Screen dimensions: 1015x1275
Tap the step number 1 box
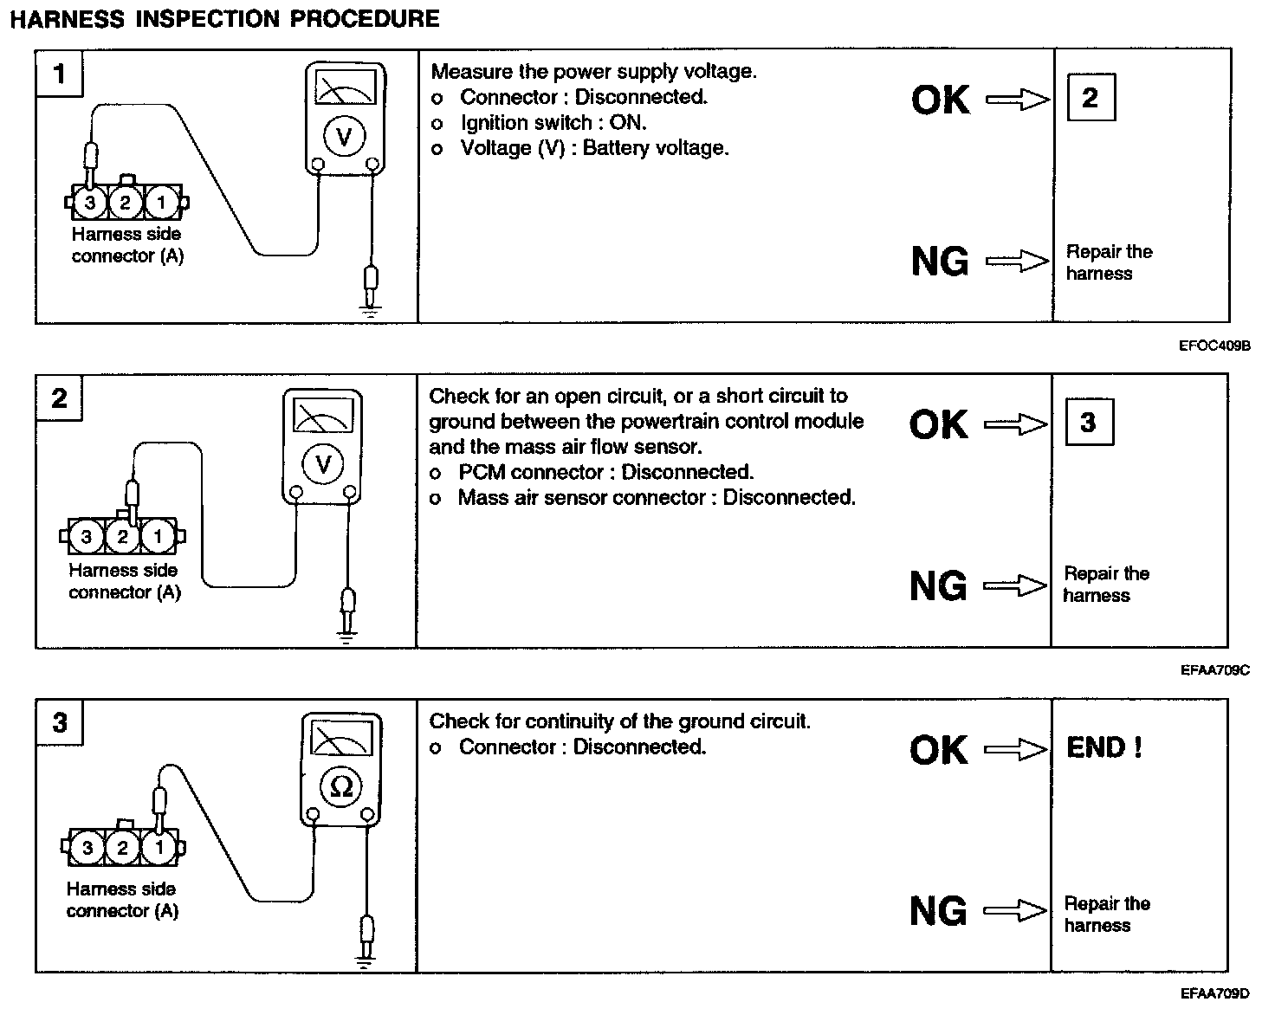tap(59, 74)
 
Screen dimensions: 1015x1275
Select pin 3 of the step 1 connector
tap(91, 204)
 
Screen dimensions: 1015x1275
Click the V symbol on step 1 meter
tap(345, 137)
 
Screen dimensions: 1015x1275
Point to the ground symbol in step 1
tap(371, 310)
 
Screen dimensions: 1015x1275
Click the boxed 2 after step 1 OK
tap(1090, 97)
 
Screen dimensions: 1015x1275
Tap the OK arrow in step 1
tap(1018, 100)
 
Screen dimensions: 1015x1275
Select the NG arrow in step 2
tap(1015, 587)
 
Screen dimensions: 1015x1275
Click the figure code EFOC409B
tap(1214, 345)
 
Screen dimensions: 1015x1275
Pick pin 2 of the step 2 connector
tap(122, 537)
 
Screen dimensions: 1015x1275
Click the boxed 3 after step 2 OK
tap(1088, 422)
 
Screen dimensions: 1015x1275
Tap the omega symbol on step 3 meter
tap(342, 786)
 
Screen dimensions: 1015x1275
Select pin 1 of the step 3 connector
tap(158, 847)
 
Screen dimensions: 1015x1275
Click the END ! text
tap(1104, 747)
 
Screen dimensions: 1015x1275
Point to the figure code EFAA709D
tap(1214, 993)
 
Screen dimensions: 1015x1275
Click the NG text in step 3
tap(938, 911)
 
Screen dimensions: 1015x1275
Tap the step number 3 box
tap(59, 722)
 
